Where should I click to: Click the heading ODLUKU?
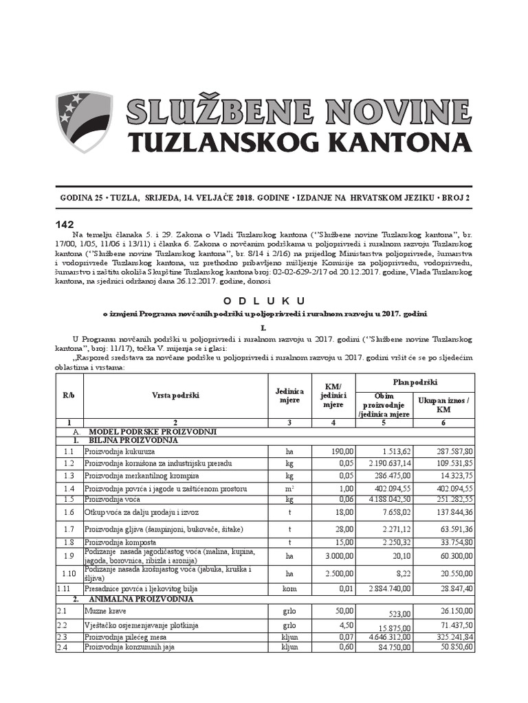pos(264,301)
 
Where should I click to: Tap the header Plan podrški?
pos(415,382)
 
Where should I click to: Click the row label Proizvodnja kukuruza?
pos(120,452)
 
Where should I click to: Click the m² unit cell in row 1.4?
pos(289,488)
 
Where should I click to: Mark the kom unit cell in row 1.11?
pos(289,589)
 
